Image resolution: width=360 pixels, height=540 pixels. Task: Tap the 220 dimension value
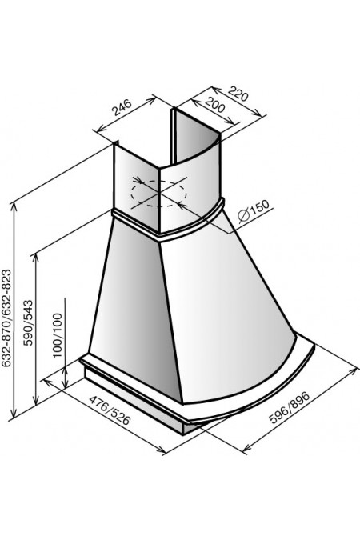click(238, 94)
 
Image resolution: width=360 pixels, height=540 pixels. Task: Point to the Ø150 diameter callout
click(254, 210)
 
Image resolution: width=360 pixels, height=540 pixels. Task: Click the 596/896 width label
click(290, 407)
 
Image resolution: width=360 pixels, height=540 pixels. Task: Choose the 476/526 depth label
click(110, 410)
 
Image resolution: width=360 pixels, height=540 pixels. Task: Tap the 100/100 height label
click(58, 335)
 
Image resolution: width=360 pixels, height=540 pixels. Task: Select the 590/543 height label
click(27, 323)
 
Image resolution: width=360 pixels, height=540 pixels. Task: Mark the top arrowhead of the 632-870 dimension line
click(14, 206)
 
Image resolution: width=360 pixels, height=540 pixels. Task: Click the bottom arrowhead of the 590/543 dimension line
click(35, 401)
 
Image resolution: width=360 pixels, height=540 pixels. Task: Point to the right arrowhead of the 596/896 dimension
click(353, 371)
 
